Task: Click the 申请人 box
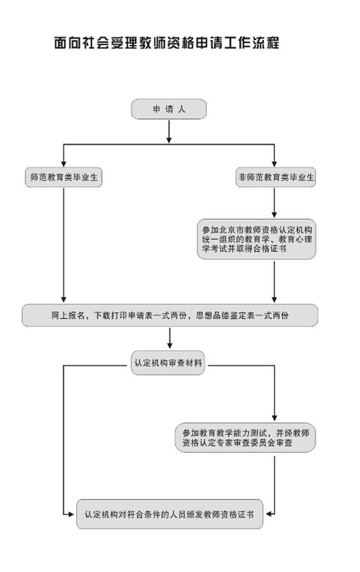[x=169, y=109]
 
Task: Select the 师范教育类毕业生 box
[x=64, y=177]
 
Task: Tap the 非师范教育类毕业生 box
[x=276, y=177]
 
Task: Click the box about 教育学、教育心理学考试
[x=256, y=239]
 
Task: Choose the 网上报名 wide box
[x=170, y=315]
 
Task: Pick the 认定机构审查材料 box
[x=168, y=363]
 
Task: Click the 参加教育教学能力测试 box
[x=246, y=438]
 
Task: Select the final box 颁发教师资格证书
[x=169, y=515]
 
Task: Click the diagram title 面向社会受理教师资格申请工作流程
[x=166, y=42]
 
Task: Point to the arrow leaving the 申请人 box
[x=169, y=131]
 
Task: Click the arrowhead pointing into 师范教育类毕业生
[x=64, y=164]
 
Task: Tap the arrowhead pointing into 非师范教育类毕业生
[x=274, y=164]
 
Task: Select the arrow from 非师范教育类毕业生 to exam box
[x=274, y=203]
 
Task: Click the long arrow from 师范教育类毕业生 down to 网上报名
[x=64, y=245]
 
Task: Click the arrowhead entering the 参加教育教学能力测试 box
[x=274, y=418]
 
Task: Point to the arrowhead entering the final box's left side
[x=71, y=515]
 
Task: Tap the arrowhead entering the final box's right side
[x=269, y=514]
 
